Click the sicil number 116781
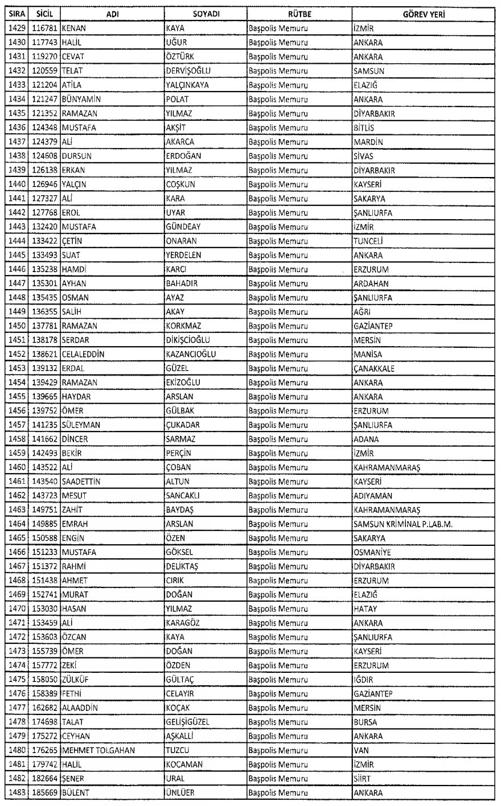click(45, 29)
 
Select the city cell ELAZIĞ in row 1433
click(366, 85)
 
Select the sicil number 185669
click(45, 792)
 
